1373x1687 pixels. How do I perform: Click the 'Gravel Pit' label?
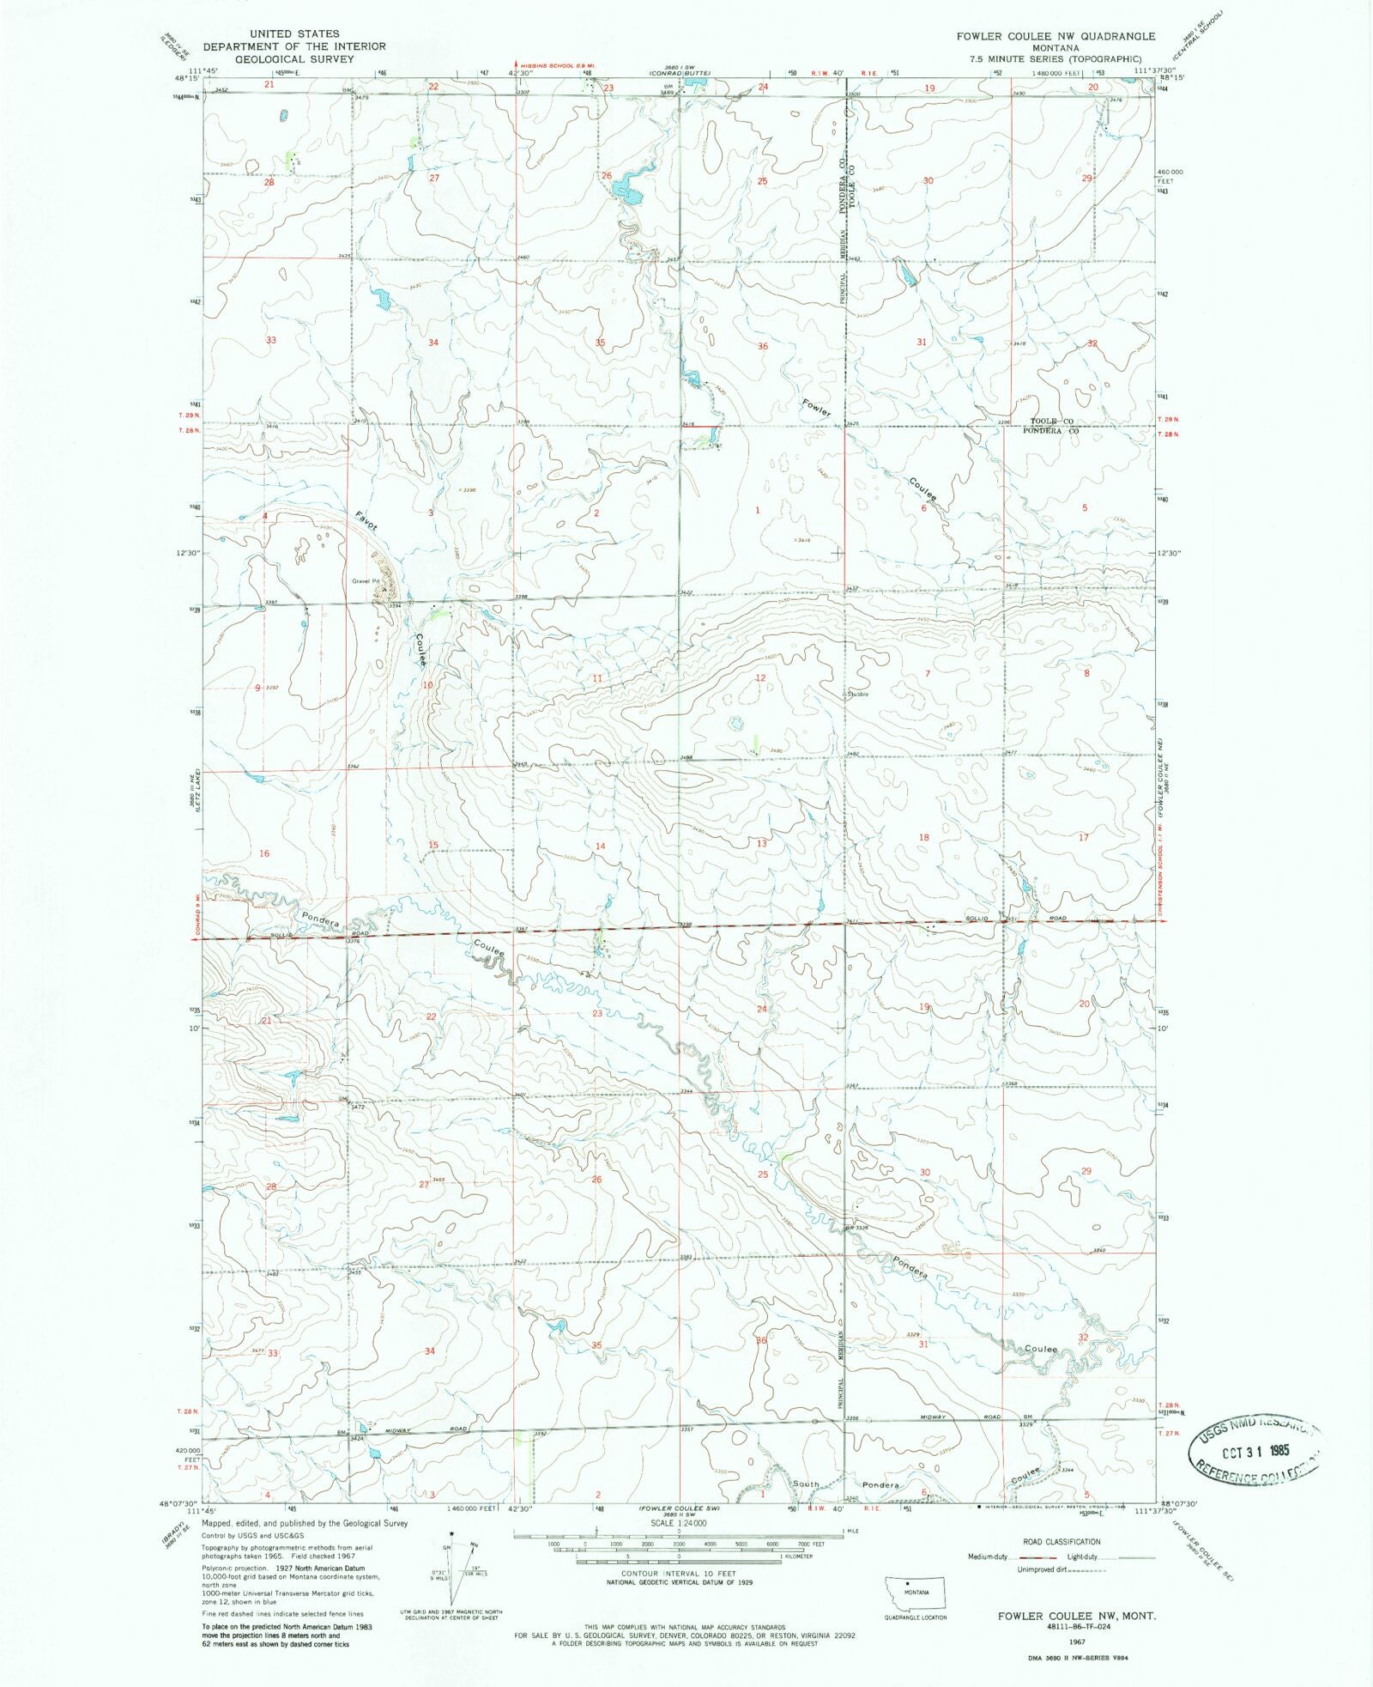tap(365, 581)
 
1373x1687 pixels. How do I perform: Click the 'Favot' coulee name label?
tap(366, 520)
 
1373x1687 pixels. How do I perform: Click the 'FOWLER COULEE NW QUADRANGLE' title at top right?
tap(1056, 36)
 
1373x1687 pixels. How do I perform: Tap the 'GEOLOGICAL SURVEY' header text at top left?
tap(294, 59)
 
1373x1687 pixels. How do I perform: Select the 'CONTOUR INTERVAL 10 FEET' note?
tap(679, 1574)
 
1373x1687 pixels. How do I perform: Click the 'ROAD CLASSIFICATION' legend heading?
tap(1062, 1542)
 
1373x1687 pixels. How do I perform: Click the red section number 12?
tap(759, 678)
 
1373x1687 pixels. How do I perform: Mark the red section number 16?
tap(264, 853)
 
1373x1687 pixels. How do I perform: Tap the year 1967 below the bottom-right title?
tap(1076, 1641)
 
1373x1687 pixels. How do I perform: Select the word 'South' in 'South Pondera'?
tap(805, 1483)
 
